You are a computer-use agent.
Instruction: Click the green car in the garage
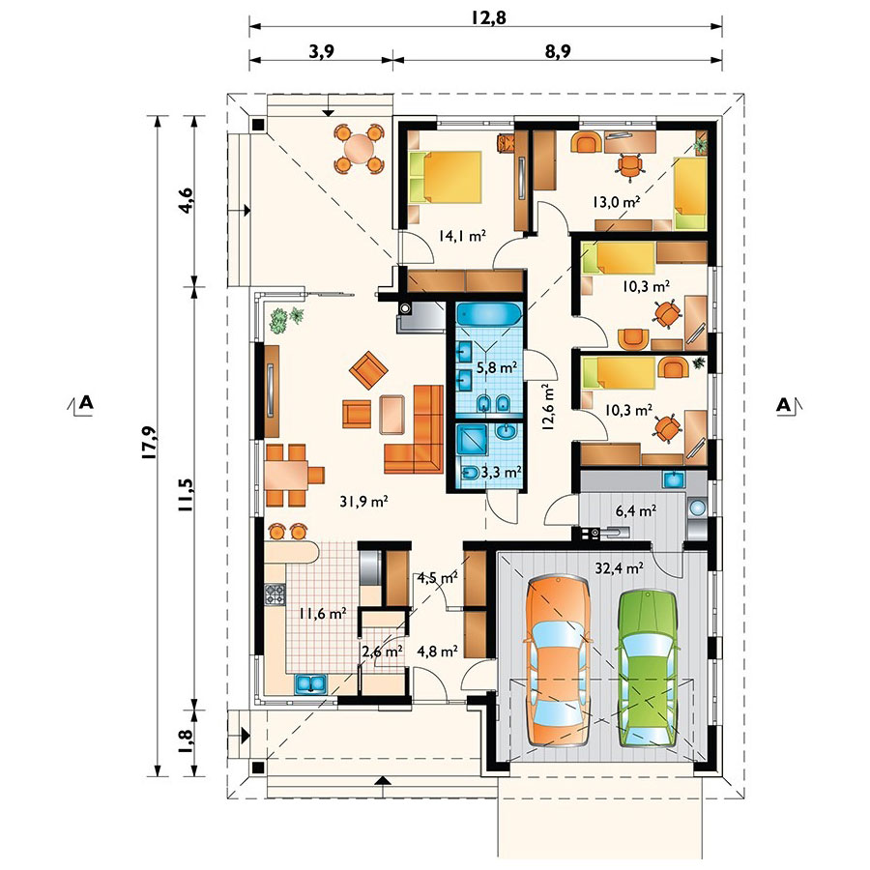[x=648, y=669]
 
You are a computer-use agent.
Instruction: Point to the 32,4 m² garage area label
[x=619, y=568]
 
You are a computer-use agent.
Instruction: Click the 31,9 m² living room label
[x=363, y=502]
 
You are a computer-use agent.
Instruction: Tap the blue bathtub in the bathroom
[x=489, y=314]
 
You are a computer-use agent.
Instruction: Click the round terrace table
[x=360, y=148]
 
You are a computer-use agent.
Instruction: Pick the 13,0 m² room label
[x=616, y=202]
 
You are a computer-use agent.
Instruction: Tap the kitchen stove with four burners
[x=275, y=594]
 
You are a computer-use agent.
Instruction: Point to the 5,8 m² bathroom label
[x=497, y=367]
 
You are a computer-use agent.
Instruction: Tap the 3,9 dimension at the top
[x=321, y=51]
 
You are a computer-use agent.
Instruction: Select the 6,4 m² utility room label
[x=636, y=510]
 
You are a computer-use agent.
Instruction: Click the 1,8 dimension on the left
[x=186, y=739]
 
